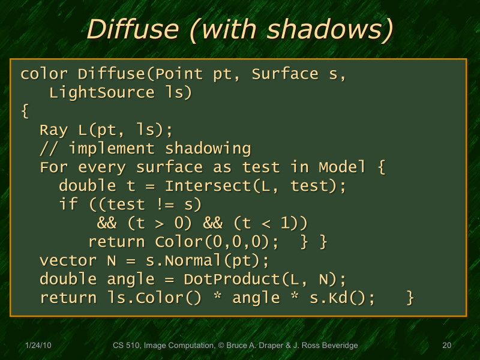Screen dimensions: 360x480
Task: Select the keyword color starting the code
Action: point(44,74)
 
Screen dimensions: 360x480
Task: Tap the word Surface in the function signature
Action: point(285,74)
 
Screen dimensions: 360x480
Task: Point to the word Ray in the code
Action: point(53,130)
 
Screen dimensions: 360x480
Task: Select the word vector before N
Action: point(68,261)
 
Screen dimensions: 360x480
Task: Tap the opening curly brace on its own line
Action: point(25,112)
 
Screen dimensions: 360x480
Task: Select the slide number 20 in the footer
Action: point(446,346)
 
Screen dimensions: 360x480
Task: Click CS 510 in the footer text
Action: point(126,346)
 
